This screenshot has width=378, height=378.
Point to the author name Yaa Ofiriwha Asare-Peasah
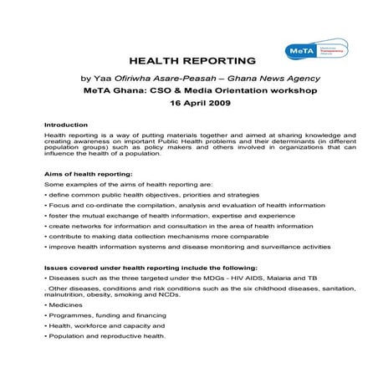tap(156, 77)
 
